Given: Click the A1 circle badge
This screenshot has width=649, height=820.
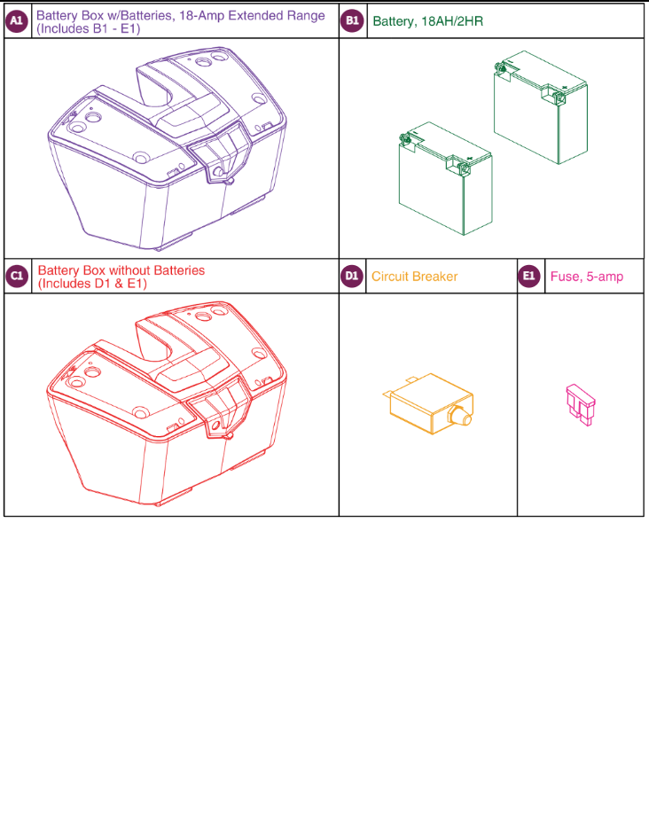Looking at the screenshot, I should (x=17, y=21).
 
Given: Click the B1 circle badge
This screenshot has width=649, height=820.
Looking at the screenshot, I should (x=352, y=21).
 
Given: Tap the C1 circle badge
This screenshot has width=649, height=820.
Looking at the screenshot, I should (x=17, y=277).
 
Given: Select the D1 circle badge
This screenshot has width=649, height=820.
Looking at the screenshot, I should (x=352, y=277).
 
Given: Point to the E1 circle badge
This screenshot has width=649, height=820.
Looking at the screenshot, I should (x=529, y=277).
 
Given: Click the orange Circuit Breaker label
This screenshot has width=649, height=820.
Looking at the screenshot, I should (x=414, y=277).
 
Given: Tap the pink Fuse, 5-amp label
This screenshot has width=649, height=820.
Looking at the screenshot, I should (x=586, y=277).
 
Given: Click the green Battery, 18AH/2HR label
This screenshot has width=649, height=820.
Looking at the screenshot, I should (x=428, y=21).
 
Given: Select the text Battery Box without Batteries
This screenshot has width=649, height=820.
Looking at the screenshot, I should (x=121, y=270).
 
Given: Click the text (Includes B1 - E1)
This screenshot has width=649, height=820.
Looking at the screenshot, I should (x=88, y=28).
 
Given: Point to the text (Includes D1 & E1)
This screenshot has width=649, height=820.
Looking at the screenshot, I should (x=91, y=284).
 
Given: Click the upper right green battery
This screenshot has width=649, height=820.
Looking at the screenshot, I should (x=540, y=111).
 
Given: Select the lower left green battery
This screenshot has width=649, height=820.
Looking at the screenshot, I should (x=444, y=180).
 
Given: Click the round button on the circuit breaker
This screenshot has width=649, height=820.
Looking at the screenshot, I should (x=462, y=417).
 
